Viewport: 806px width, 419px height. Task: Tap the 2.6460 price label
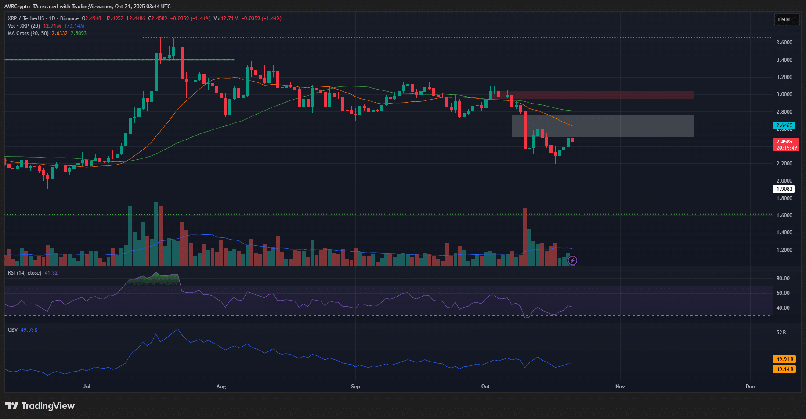784,125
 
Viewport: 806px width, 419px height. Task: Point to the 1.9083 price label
784,189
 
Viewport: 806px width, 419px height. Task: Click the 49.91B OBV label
784,359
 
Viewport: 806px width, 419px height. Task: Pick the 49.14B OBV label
784,369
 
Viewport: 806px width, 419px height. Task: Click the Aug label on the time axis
221,387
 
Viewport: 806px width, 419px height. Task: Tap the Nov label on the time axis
620,387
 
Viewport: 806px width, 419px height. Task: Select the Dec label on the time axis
750,387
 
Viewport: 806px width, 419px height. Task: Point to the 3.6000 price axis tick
784,43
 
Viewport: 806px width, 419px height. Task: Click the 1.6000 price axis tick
784,215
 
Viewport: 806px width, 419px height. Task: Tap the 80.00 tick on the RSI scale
783,279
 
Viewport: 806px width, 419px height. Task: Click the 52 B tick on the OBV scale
781,333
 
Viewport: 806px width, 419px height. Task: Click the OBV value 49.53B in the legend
29,330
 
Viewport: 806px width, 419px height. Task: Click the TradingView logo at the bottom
40,406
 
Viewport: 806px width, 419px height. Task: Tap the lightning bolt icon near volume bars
572,261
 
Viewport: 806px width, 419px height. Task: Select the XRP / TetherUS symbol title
26,18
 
